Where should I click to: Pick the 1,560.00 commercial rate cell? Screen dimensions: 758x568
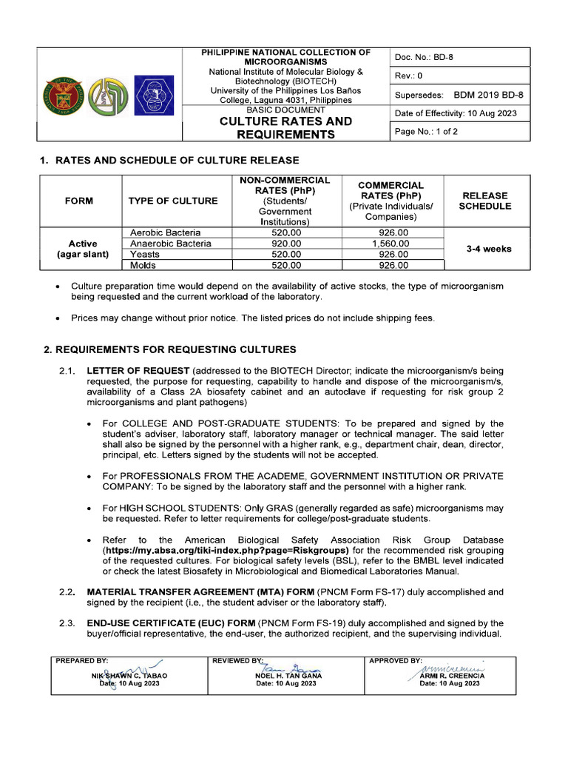click(x=390, y=244)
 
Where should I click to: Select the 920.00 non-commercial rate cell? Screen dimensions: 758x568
click(x=286, y=244)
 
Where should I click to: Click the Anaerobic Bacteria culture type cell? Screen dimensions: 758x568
click(x=171, y=244)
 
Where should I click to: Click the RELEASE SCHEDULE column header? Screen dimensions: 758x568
click(x=484, y=201)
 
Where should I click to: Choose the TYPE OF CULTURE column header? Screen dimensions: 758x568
click(x=173, y=201)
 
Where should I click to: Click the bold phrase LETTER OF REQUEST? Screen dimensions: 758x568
click(x=138, y=370)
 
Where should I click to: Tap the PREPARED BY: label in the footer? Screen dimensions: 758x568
click(x=81, y=660)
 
